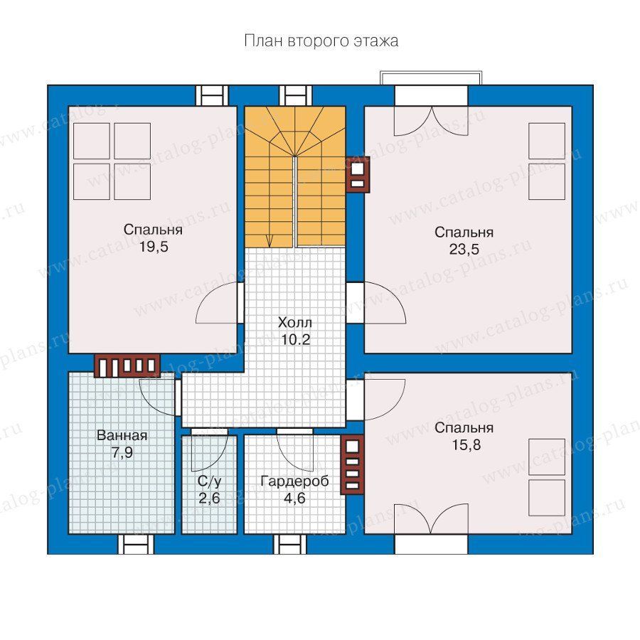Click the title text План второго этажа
pos(321,41)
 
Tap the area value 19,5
pos(154,247)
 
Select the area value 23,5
pos(464,249)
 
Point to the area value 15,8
pos(466,445)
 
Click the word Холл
pos(295,322)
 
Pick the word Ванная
pos(122,435)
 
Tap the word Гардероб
pos(294,481)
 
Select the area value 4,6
pos(294,498)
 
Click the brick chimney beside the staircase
pos(358,174)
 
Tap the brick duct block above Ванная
pos(127,366)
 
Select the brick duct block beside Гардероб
pos(352,464)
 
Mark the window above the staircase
pos(296,95)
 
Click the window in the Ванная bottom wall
pos(136,544)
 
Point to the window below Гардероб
pos(290,544)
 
